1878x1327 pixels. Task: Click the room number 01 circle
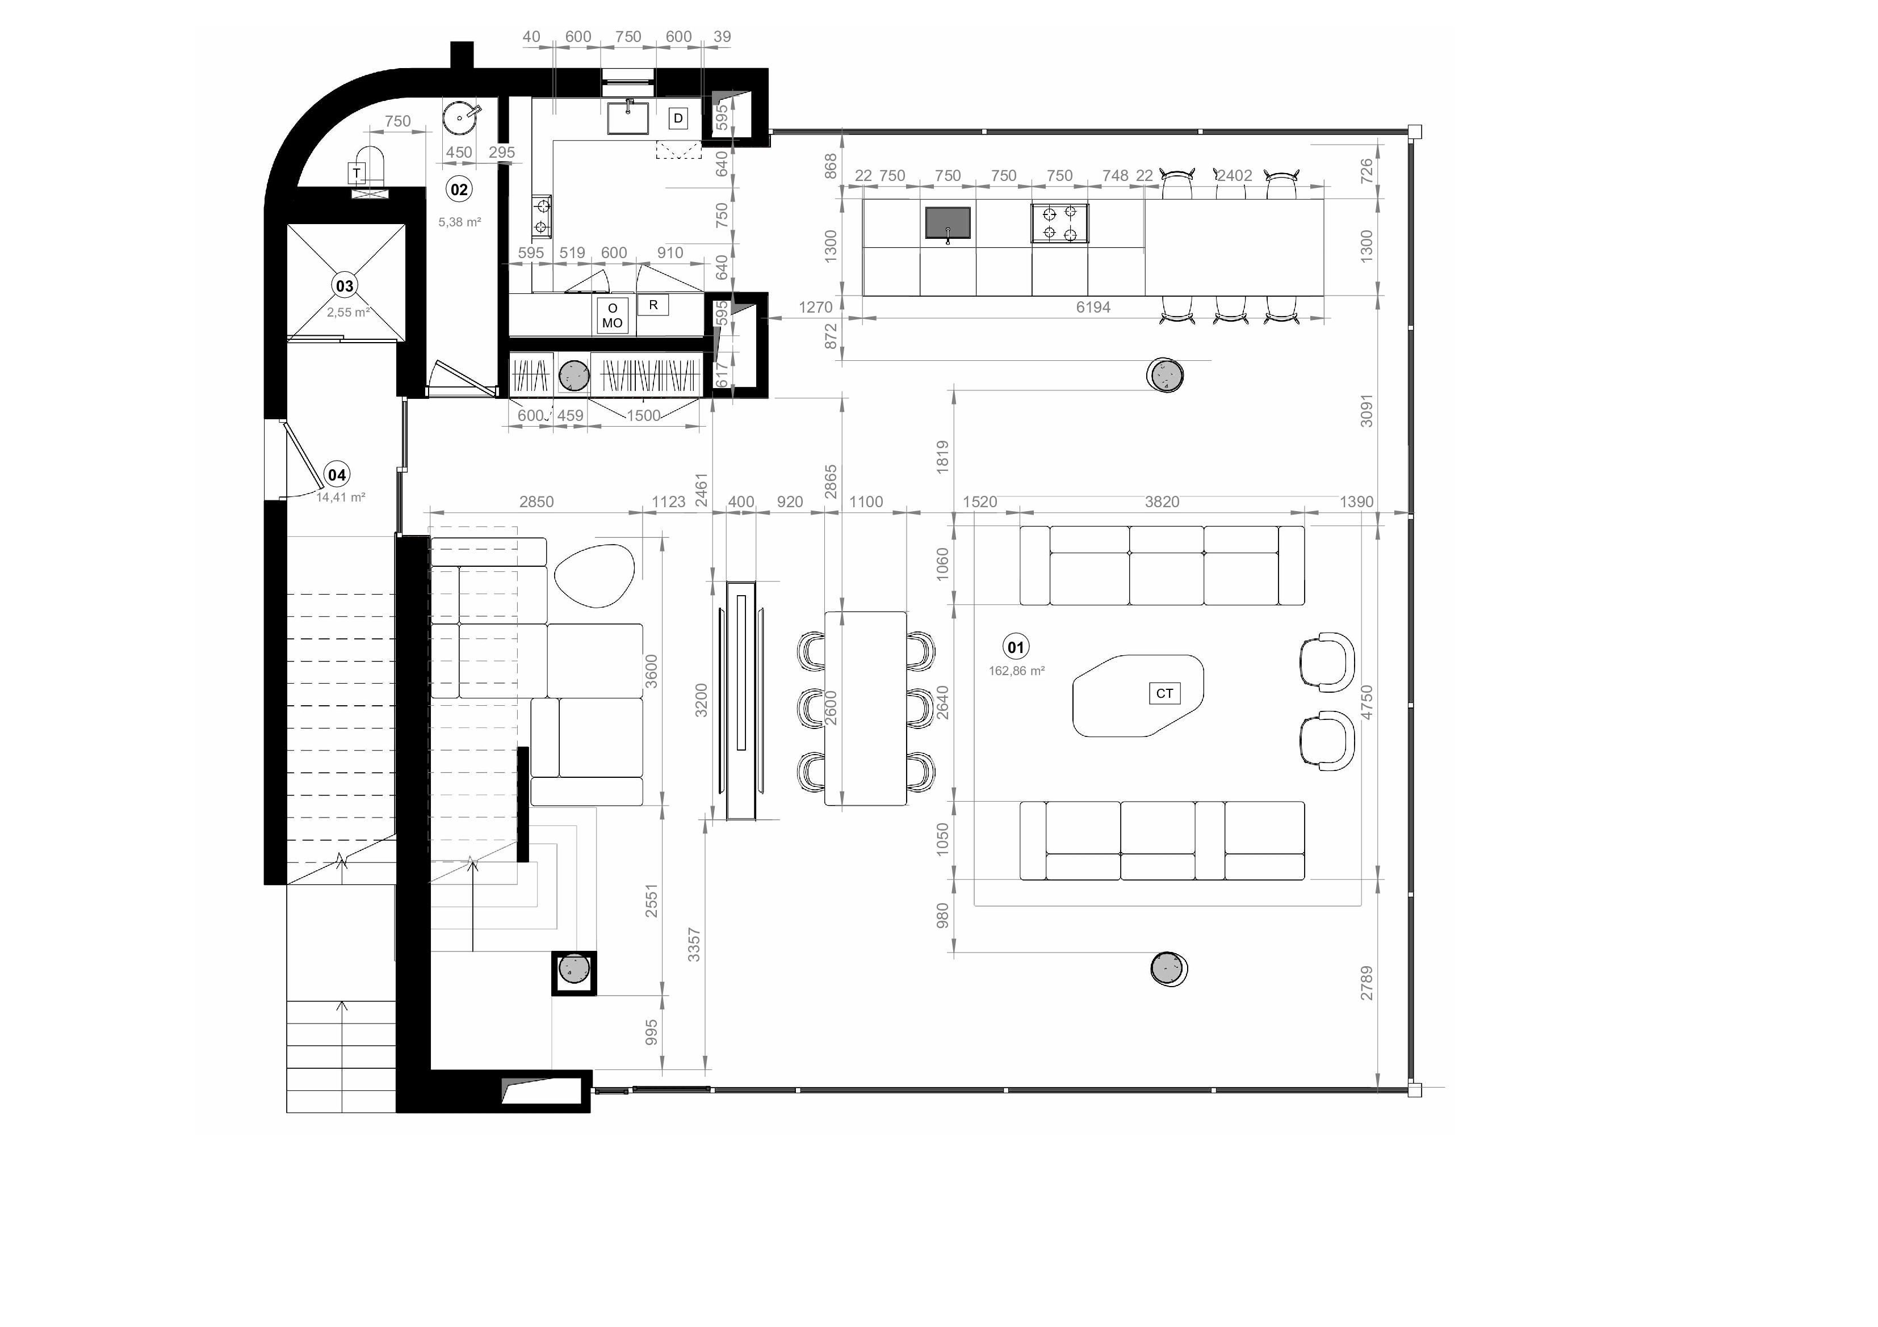1015,647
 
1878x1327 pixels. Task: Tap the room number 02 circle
459,189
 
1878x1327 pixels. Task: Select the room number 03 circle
345,285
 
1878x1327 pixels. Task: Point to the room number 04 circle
336,474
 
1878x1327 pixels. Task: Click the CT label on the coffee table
1164,693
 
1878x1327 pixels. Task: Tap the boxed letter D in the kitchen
678,119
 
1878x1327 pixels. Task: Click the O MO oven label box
612,315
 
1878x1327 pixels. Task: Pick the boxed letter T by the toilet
357,172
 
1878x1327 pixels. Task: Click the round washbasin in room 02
460,117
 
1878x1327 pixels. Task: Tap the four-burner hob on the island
1059,223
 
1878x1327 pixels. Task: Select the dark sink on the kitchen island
948,222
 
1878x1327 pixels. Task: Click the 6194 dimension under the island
1093,307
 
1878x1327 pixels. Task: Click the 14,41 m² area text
340,497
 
